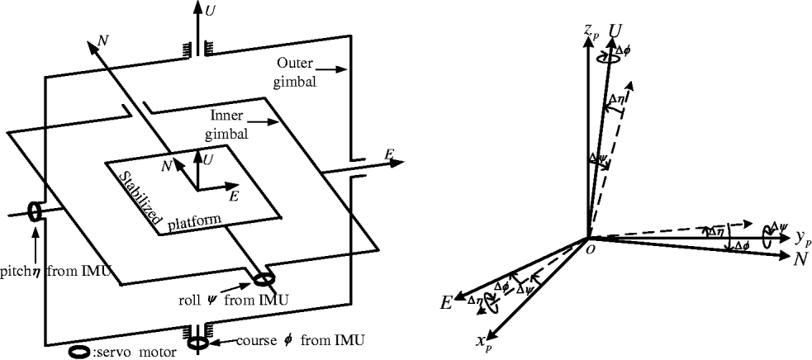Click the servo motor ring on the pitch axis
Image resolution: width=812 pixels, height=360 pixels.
(36, 211)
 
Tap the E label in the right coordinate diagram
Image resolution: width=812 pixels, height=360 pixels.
(446, 303)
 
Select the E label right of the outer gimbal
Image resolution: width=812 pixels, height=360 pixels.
(387, 154)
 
